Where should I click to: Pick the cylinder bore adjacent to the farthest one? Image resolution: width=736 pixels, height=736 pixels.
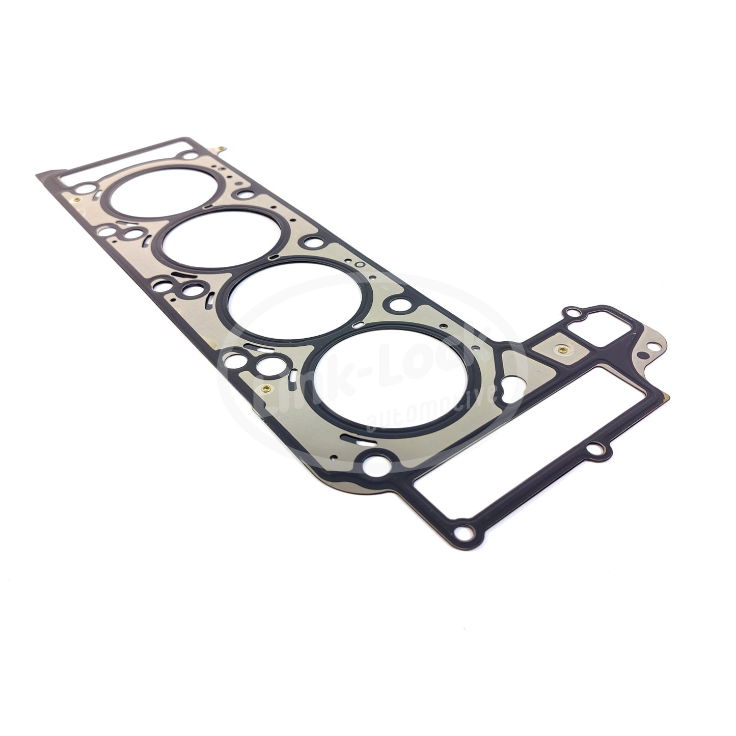point(224,240)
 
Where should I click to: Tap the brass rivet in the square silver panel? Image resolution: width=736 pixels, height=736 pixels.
point(560,350)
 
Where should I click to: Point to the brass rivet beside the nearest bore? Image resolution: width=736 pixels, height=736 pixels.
point(264,390)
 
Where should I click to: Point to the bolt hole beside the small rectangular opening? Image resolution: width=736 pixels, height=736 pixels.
point(574,312)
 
